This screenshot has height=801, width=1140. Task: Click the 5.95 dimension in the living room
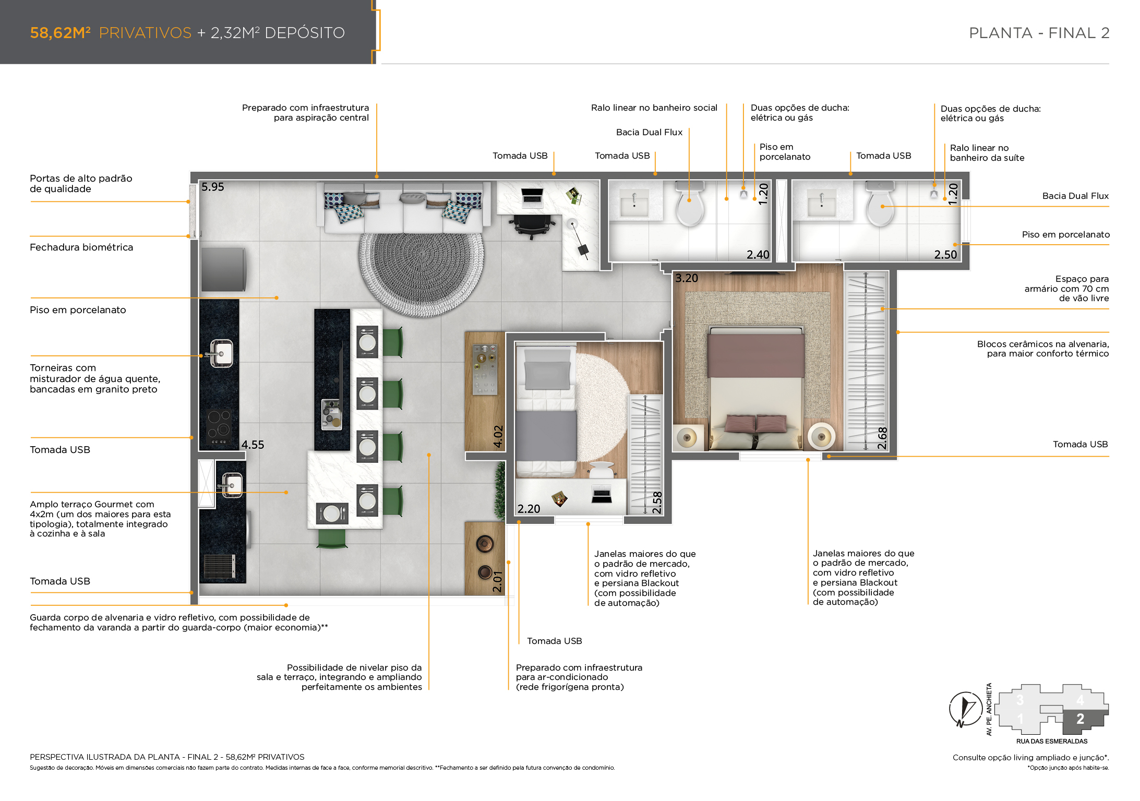pos(212,187)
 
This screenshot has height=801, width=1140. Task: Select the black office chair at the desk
pos(532,225)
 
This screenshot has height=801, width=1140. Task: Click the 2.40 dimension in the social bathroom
pos(758,255)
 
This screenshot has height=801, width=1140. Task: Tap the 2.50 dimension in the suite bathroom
pos(945,255)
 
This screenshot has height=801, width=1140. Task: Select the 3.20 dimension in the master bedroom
pos(687,278)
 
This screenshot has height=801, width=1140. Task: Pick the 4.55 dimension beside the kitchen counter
pos(253,445)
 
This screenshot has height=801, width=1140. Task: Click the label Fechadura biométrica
pos(81,247)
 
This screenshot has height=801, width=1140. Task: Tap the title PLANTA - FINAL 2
pos(1039,33)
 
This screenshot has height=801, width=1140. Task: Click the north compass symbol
pos(965,709)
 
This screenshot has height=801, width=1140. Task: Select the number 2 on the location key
pos(1080,719)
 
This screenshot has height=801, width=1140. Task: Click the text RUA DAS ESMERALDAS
pos(1052,741)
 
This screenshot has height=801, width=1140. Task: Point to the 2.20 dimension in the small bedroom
pos(529,509)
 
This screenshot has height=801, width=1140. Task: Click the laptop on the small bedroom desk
pos(602,494)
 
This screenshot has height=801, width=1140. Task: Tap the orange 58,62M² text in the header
pos(61,32)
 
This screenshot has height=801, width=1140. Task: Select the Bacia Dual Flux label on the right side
pos(1075,196)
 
